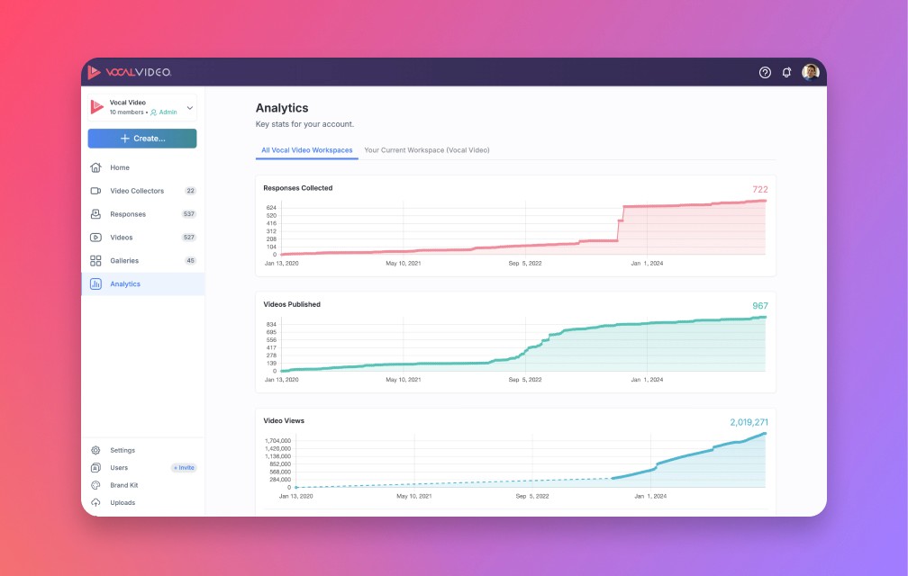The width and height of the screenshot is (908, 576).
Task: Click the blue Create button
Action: tap(142, 139)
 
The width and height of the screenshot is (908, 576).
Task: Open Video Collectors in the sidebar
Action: tap(137, 191)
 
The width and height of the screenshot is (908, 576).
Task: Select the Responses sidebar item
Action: tap(128, 214)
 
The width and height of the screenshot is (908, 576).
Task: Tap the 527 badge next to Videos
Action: tap(189, 238)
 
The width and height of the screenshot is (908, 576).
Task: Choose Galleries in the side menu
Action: tap(124, 261)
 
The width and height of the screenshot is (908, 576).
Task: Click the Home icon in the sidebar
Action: tap(95, 167)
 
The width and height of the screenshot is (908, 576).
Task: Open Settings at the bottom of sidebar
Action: tap(123, 450)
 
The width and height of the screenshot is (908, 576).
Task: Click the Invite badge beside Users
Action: tap(184, 468)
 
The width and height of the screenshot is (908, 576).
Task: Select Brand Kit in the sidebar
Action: tap(123, 485)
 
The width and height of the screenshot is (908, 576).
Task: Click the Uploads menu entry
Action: tap(123, 502)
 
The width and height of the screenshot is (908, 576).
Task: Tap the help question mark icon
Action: tap(765, 72)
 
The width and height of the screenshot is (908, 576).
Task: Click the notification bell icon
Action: tap(786, 72)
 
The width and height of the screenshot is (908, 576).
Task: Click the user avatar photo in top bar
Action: tap(810, 72)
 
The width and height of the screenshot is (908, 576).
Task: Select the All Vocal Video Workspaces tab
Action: tap(306, 150)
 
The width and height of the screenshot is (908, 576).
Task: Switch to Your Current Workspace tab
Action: tap(426, 150)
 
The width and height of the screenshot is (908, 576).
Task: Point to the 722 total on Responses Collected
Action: tap(759, 189)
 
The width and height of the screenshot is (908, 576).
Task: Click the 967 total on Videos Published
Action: tap(759, 306)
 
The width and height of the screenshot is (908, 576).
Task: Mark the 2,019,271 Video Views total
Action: tap(749, 422)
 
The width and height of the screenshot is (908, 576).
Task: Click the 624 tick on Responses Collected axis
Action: tap(271, 208)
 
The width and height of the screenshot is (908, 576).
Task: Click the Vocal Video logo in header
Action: tap(130, 72)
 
